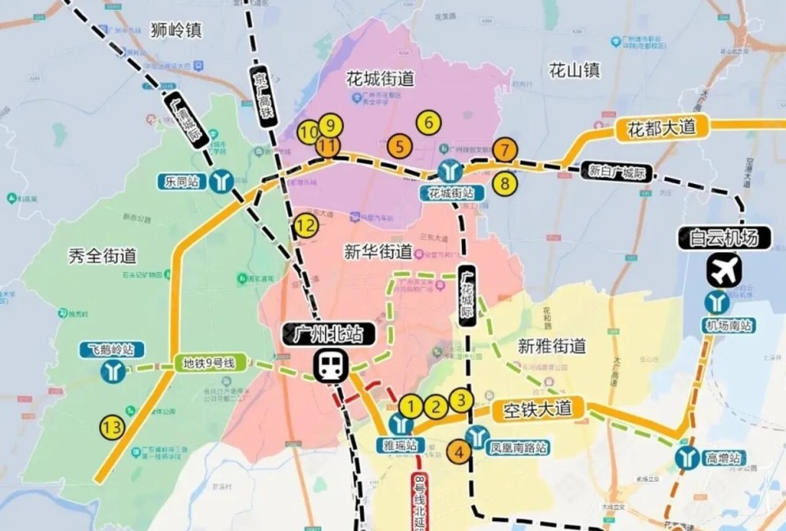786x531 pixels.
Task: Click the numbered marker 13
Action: [112, 426]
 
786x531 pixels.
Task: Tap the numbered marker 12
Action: [306, 226]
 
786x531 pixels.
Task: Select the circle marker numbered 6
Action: [428, 123]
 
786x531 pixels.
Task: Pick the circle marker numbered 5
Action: [400, 147]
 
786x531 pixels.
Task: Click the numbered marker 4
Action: [459, 451]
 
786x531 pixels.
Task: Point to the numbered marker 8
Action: [505, 183]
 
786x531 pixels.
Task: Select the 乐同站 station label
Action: [181, 181]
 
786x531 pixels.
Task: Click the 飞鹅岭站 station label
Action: [112, 350]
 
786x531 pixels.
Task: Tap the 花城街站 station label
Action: [450, 193]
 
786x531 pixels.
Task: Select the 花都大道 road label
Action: [661, 128]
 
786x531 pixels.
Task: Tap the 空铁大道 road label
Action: [537, 409]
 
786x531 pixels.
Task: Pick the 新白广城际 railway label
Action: [619, 172]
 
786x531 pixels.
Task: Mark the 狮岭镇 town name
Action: [176, 30]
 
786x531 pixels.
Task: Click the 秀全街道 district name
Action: [102, 256]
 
